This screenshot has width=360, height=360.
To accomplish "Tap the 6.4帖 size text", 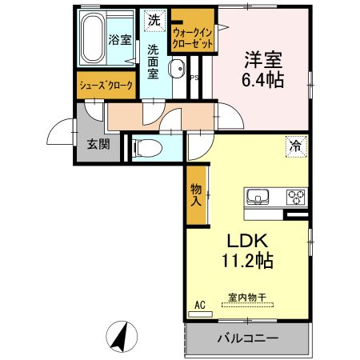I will pos(263,80).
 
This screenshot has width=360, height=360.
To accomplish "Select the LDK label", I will pos(250,239).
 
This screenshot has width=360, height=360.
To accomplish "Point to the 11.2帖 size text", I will pos(250,260).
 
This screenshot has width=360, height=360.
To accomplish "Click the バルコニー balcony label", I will pos(248,338).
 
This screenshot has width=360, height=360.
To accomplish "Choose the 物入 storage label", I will pos(195,194).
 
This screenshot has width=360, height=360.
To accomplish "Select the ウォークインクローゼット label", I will pos(193,39).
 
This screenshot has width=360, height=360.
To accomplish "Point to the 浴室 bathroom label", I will pos(119,38).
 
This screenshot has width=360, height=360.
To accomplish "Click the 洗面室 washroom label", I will pos(153,61).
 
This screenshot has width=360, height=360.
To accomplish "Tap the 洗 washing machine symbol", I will pos(153,18).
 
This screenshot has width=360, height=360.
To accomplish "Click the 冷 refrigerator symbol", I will pos(295,146).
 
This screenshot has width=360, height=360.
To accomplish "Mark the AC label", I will pos(200,305).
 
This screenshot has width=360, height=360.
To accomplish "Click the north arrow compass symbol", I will pos(119,336).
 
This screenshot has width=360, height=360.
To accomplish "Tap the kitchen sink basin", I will pos(258,198).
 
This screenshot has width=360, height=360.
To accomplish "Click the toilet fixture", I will pos(145,147).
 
